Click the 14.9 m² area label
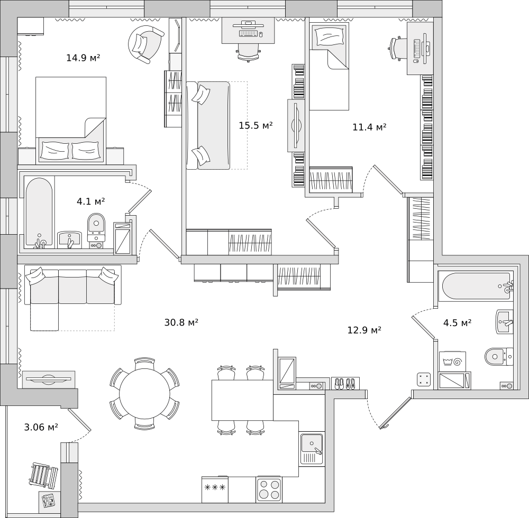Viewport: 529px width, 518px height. (x=83, y=58)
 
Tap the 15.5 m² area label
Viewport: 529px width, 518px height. (x=256, y=125)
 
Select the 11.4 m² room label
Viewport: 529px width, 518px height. (x=369, y=127)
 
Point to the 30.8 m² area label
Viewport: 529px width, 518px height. (x=181, y=322)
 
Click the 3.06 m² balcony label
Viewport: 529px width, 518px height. (x=41, y=427)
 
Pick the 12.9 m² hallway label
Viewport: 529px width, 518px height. (x=364, y=330)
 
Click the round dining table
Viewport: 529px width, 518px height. (x=144, y=394)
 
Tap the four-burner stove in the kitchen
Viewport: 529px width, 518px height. (x=269, y=489)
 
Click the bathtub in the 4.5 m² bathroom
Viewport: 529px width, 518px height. (x=475, y=286)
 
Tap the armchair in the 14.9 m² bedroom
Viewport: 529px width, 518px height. (x=145, y=44)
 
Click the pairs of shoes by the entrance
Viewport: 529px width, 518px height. (x=345, y=383)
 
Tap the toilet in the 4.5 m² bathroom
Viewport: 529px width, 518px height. (x=498, y=356)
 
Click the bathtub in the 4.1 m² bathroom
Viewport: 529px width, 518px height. (x=39, y=211)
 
